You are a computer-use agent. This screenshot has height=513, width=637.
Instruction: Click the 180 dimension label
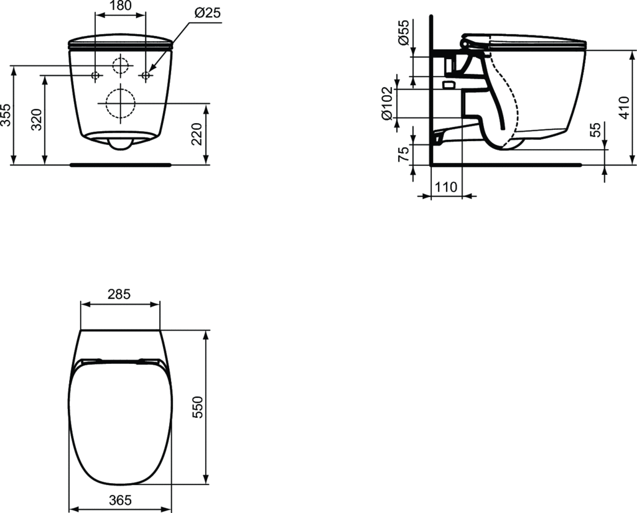[120, 5]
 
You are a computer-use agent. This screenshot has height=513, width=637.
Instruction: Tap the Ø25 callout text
[207, 13]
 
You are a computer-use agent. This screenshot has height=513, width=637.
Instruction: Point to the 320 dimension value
[37, 119]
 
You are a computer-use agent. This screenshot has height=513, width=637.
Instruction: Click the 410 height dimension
[623, 108]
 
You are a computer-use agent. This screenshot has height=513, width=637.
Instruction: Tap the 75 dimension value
[403, 155]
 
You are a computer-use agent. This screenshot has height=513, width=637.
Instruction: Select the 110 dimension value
[446, 187]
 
